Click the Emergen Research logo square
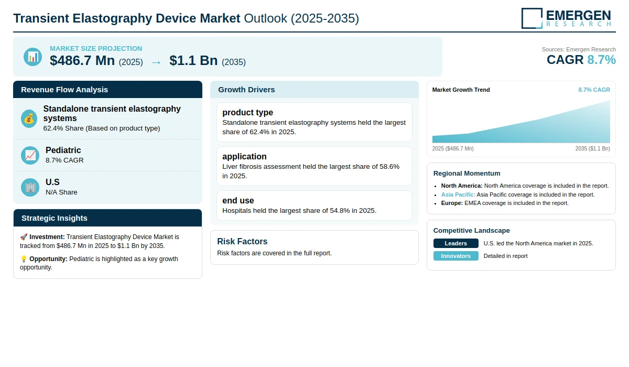[x=532, y=18]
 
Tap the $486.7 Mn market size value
[x=82, y=60]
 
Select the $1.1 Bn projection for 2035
[x=193, y=60]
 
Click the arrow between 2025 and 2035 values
[x=156, y=62]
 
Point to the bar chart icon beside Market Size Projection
[x=33, y=57]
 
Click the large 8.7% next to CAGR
[x=602, y=60]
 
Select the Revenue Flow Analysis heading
[x=64, y=90]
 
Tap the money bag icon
[x=29, y=119]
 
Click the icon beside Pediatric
[x=30, y=155]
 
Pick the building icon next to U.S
[x=30, y=187]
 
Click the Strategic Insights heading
[x=55, y=218]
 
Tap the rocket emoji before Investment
[x=24, y=237]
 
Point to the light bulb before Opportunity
[x=24, y=259]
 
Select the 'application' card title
[x=244, y=156]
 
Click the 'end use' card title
[x=238, y=200]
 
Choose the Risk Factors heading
[x=242, y=242]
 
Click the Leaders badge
[x=456, y=243]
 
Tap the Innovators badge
[x=456, y=256]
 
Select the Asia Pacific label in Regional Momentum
[x=458, y=195]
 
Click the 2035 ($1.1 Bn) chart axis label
[x=592, y=148]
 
